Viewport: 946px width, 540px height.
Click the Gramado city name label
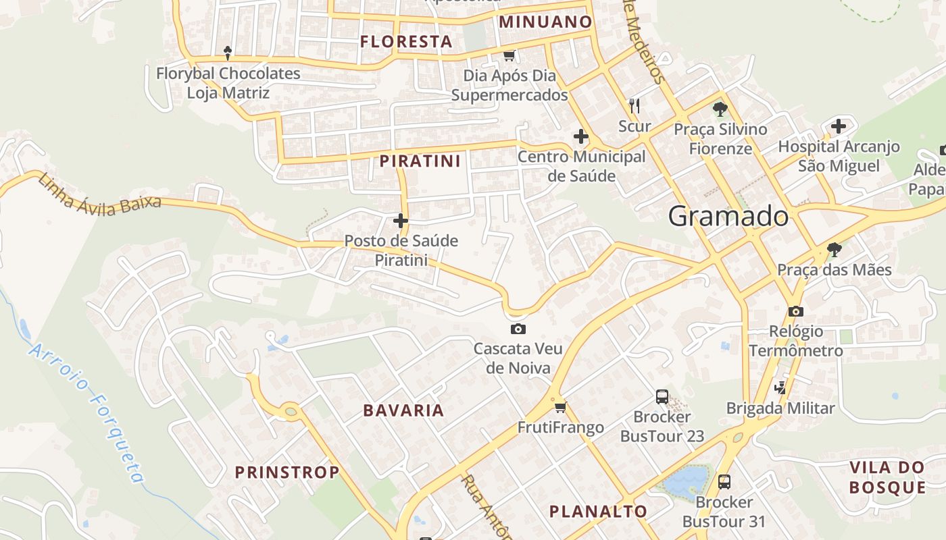(x=728, y=217)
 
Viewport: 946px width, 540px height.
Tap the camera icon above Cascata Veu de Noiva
(x=518, y=329)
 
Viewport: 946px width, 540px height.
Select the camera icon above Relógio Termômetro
(x=796, y=311)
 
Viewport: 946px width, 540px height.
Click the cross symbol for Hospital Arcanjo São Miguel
(x=838, y=126)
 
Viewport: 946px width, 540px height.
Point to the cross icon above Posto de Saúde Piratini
(x=401, y=221)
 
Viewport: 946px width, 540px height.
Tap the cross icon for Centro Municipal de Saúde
(x=580, y=137)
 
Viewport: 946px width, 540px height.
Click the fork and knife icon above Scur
(x=634, y=106)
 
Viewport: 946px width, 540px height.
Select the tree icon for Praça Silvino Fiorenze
(x=720, y=109)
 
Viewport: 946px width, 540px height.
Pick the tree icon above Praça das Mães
(x=835, y=250)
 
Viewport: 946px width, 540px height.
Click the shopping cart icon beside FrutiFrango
(x=560, y=407)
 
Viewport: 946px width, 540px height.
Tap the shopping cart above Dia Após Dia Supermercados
(x=509, y=55)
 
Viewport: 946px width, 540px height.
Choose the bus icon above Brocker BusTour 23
(x=662, y=397)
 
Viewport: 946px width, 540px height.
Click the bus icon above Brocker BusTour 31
(x=724, y=482)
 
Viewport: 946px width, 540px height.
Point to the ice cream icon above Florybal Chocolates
(x=228, y=52)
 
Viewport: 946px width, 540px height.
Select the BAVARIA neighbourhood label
(x=403, y=410)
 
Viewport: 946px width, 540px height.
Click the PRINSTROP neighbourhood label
(x=287, y=473)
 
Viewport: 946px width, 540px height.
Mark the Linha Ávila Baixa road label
(x=100, y=195)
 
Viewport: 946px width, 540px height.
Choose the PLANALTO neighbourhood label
(x=598, y=512)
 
